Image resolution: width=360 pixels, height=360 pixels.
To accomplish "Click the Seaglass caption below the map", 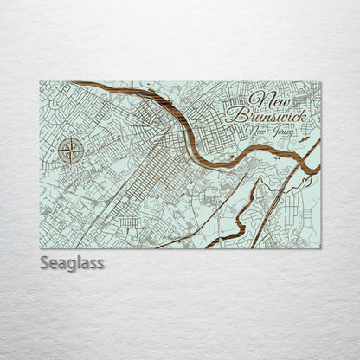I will pyautogui.click(x=72, y=262).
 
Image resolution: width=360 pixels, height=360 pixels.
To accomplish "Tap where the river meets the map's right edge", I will pyautogui.click(x=318, y=167).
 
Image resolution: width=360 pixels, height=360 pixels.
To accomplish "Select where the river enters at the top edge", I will pyautogui.click(x=78, y=83).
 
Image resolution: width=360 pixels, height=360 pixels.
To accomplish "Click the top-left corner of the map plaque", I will pyautogui.click(x=41, y=82).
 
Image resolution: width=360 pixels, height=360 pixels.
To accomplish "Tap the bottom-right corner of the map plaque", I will pyautogui.click(x=320, y=247).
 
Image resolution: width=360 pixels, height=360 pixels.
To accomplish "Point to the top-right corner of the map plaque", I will pyautogui.click(x=320, y=82).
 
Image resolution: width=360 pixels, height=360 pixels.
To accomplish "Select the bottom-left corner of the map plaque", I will pyautogui.click(x=41, y=247).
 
